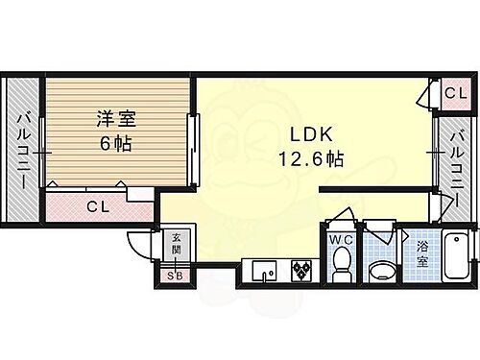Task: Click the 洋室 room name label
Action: click(114, 121)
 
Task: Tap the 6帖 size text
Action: click(114, 145)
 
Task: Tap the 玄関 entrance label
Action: click(176, 244)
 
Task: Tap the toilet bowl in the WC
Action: click(340, 263)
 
